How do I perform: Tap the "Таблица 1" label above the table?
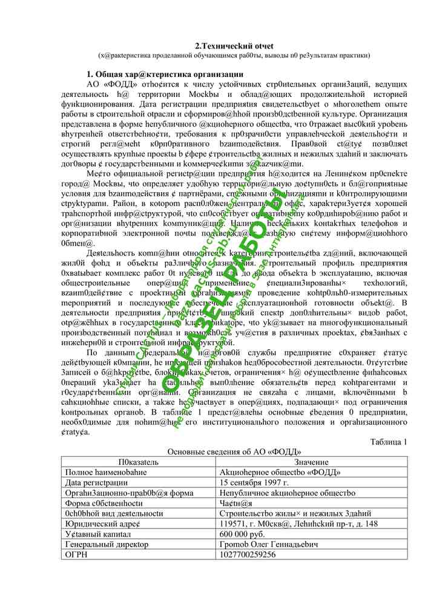(389, 442)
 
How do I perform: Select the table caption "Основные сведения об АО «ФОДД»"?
(234, 451)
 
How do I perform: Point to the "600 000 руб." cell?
(242, 534)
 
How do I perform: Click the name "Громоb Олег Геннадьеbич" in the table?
(269, 544)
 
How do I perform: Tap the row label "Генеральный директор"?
(107, 544)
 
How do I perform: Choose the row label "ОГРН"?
(76, 554)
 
